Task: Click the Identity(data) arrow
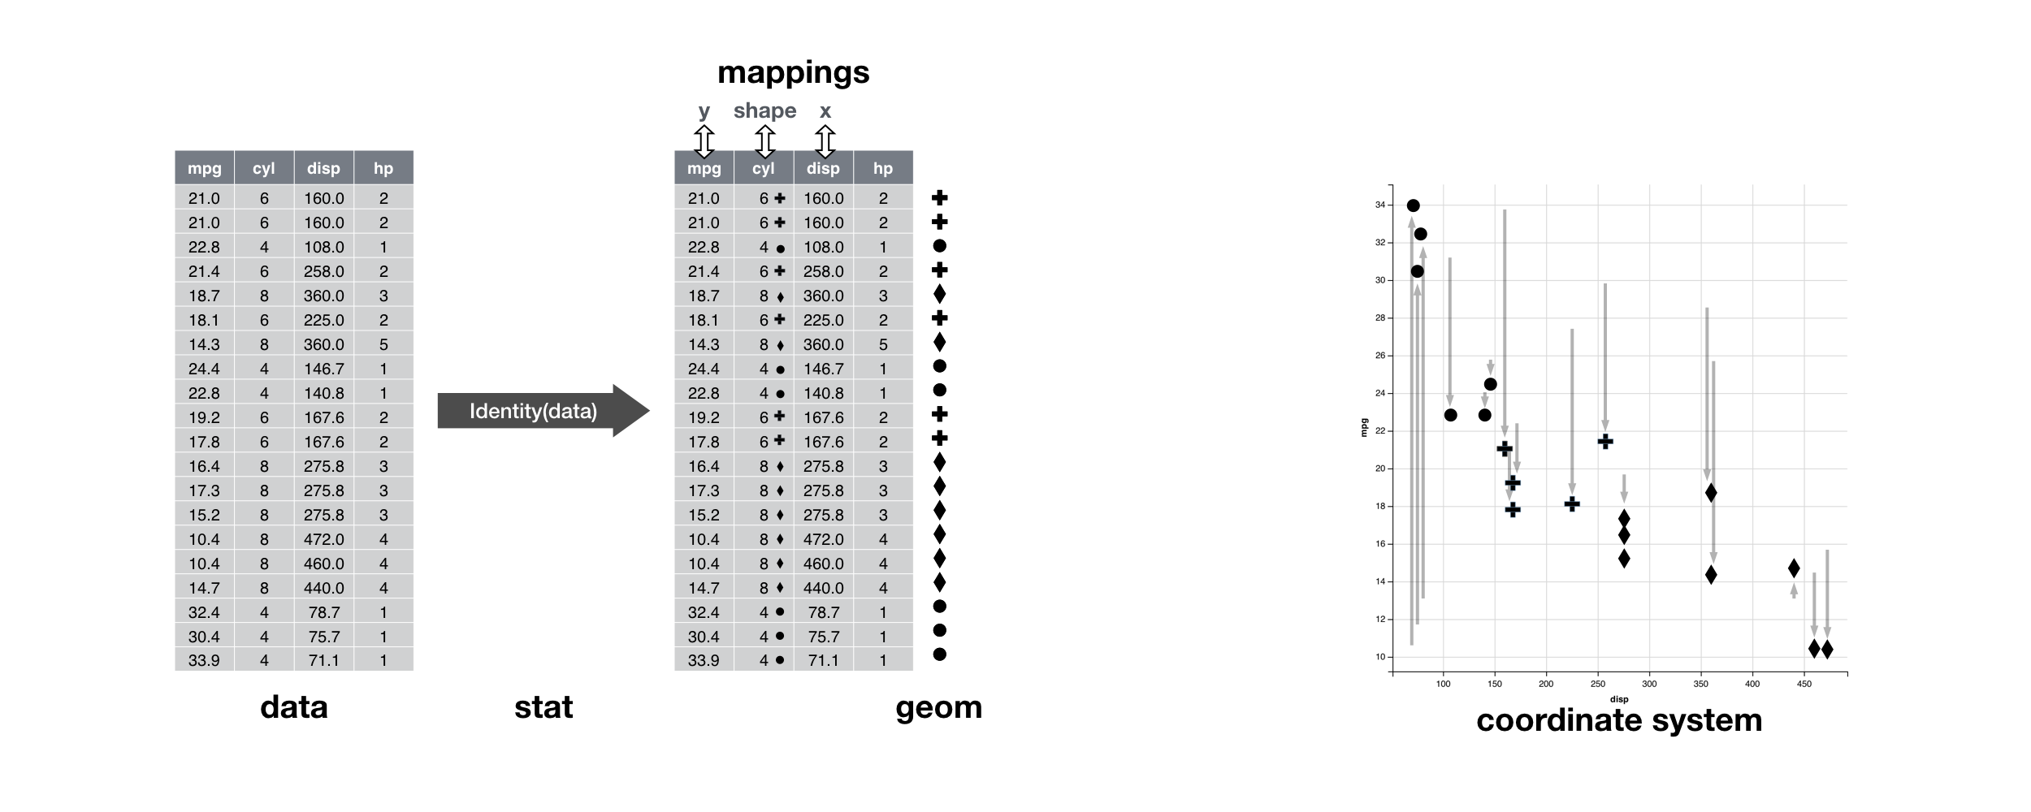coord(543,411)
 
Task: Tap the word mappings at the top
coord(793,73)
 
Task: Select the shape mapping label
coord(764,111)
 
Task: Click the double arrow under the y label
coord(704,141)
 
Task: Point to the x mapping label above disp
coord(825,111)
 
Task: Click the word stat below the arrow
coord(543,707)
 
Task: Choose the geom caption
coord(938,708)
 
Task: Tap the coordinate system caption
coord(1619,720)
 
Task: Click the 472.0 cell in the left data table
coord(324,539)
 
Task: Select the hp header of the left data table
coord(383,168)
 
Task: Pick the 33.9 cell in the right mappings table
coord(704,660)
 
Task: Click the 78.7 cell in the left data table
coord(324,612)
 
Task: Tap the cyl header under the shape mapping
coord(764,168)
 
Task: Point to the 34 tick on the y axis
coord(1379,205)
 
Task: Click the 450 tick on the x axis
coord(1804,684)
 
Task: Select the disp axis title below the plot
coord(1619,699)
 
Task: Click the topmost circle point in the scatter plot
coord(1414,205)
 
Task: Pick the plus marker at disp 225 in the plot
coord(1572,504)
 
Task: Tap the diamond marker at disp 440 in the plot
coord(1794,568)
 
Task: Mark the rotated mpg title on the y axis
coord(1364,428)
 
